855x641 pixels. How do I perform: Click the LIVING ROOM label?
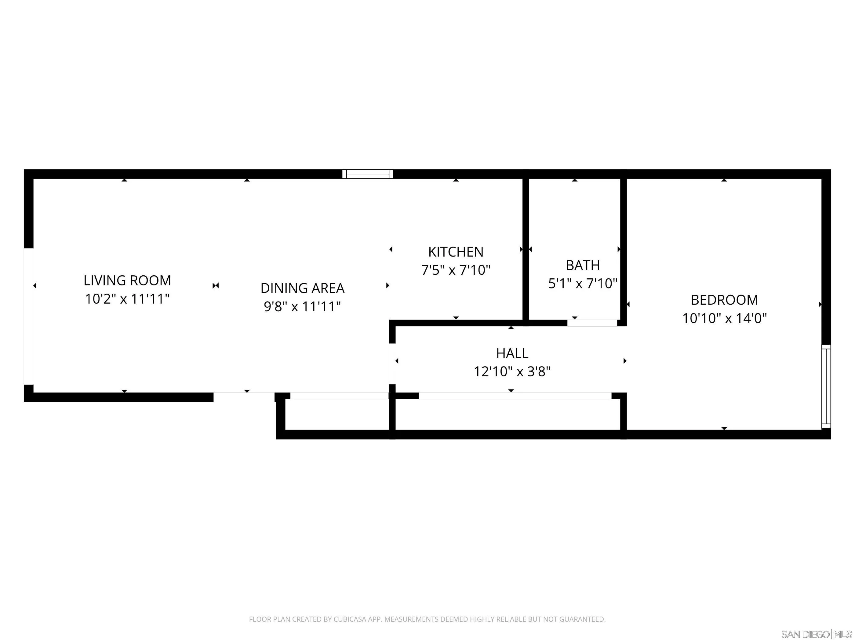coord(127,281)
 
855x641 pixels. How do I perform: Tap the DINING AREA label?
coord(302,288)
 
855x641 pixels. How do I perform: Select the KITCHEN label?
coord(456,252)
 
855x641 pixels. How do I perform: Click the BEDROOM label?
coord(724,300)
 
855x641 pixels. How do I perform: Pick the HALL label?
coord(512,353)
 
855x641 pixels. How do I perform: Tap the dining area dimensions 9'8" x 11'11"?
coord(302,307)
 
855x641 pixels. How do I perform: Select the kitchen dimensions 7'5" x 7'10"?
coord(456,270)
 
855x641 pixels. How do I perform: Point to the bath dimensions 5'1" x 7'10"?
coord(583,284)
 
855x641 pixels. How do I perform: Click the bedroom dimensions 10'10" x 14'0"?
coord(724,318)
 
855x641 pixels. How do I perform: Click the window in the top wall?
coord(368,174)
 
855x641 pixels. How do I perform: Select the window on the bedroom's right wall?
coord(826,386)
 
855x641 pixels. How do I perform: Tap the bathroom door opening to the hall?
coord(592,323)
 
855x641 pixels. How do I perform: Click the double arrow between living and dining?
coord(216,285)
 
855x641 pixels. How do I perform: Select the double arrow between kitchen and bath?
coord(526,249)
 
